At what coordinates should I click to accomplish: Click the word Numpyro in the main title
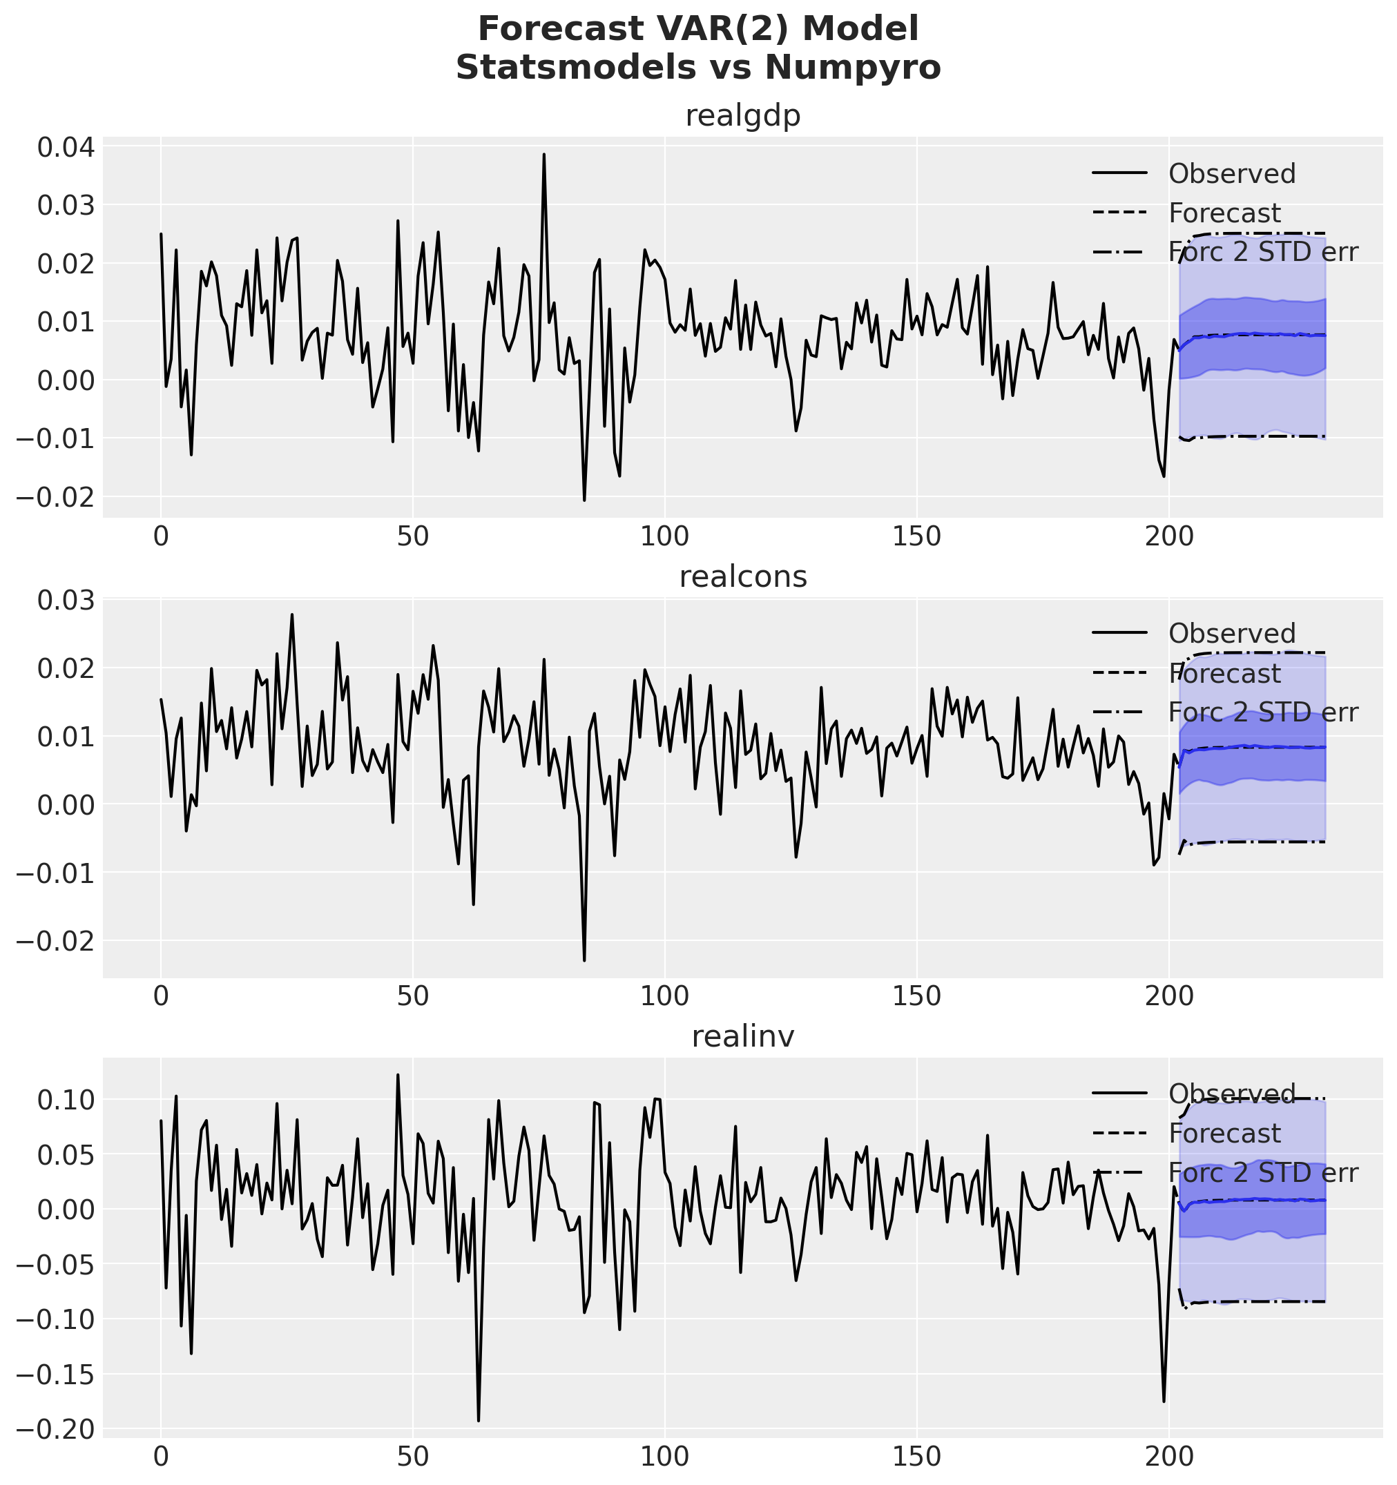pos(852,68)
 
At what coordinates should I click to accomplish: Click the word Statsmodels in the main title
pos(583,68)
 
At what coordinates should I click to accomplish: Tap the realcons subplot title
pos(742,576)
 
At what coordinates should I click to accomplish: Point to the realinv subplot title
pos(742,1036)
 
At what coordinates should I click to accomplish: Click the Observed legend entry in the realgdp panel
pos(1232,174)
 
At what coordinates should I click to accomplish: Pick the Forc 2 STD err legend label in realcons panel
pos(1262,712)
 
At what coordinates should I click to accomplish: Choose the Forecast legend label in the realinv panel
pos(1224,1133)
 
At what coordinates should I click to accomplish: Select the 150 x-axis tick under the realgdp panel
pos(916,538)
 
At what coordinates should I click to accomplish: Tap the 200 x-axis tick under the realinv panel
pos(1168,1458)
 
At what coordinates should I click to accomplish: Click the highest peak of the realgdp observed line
pos(544,154)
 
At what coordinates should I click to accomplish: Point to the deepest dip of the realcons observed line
pos(584,960)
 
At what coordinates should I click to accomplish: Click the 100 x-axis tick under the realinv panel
pos(664,1458)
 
